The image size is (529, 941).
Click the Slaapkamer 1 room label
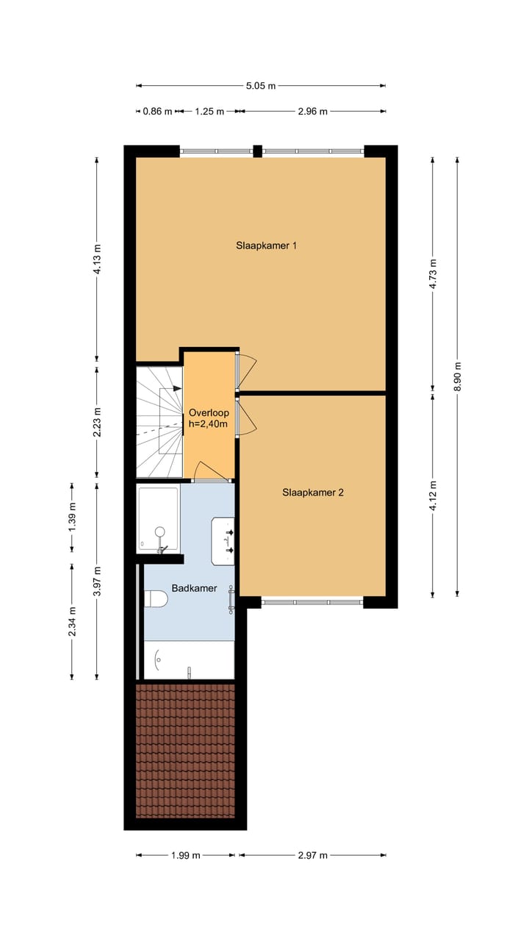[266, 246]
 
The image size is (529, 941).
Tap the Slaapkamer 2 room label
[313, 493]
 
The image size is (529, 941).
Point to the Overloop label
[209, 412]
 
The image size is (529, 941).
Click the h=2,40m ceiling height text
[209, 424]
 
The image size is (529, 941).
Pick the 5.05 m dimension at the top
[261, 86]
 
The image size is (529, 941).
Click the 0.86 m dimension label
[156, 112]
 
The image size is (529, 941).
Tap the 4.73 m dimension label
[433, 272]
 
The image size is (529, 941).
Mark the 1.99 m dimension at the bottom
[186, 855]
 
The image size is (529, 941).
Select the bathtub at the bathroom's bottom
[189, 660]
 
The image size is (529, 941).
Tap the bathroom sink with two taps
[223, 541]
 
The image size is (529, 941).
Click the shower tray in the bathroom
[158, 518]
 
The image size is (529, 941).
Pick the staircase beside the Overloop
[159, 421]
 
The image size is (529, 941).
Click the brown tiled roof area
[185, 750]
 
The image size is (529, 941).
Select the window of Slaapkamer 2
[312, 602]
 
